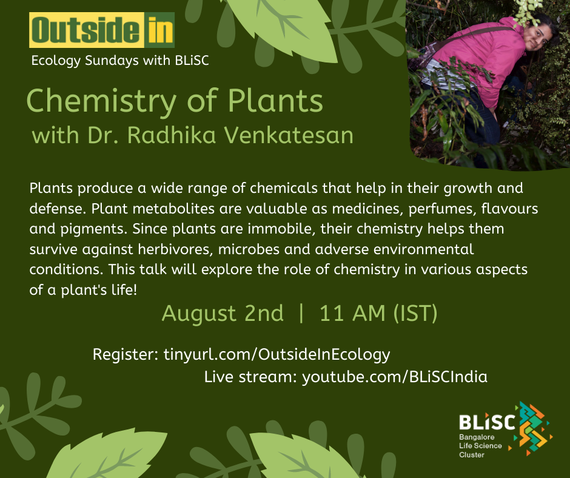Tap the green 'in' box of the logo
click(159, 30)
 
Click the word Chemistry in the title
click(101, 102)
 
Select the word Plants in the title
click(275, 101)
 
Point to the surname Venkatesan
click(289, 135)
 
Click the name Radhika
click(172, 135)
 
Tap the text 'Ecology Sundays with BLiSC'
click(120, 61)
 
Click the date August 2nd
click(223, 313)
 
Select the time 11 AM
click(352, 313)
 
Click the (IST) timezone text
click(415, 313)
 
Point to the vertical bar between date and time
click(301, 314)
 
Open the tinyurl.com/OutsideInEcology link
click(277, 355)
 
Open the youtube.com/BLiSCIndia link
click(395, 377)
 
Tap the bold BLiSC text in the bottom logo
click(487, 422)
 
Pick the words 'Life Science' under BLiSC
click(480, 446)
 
